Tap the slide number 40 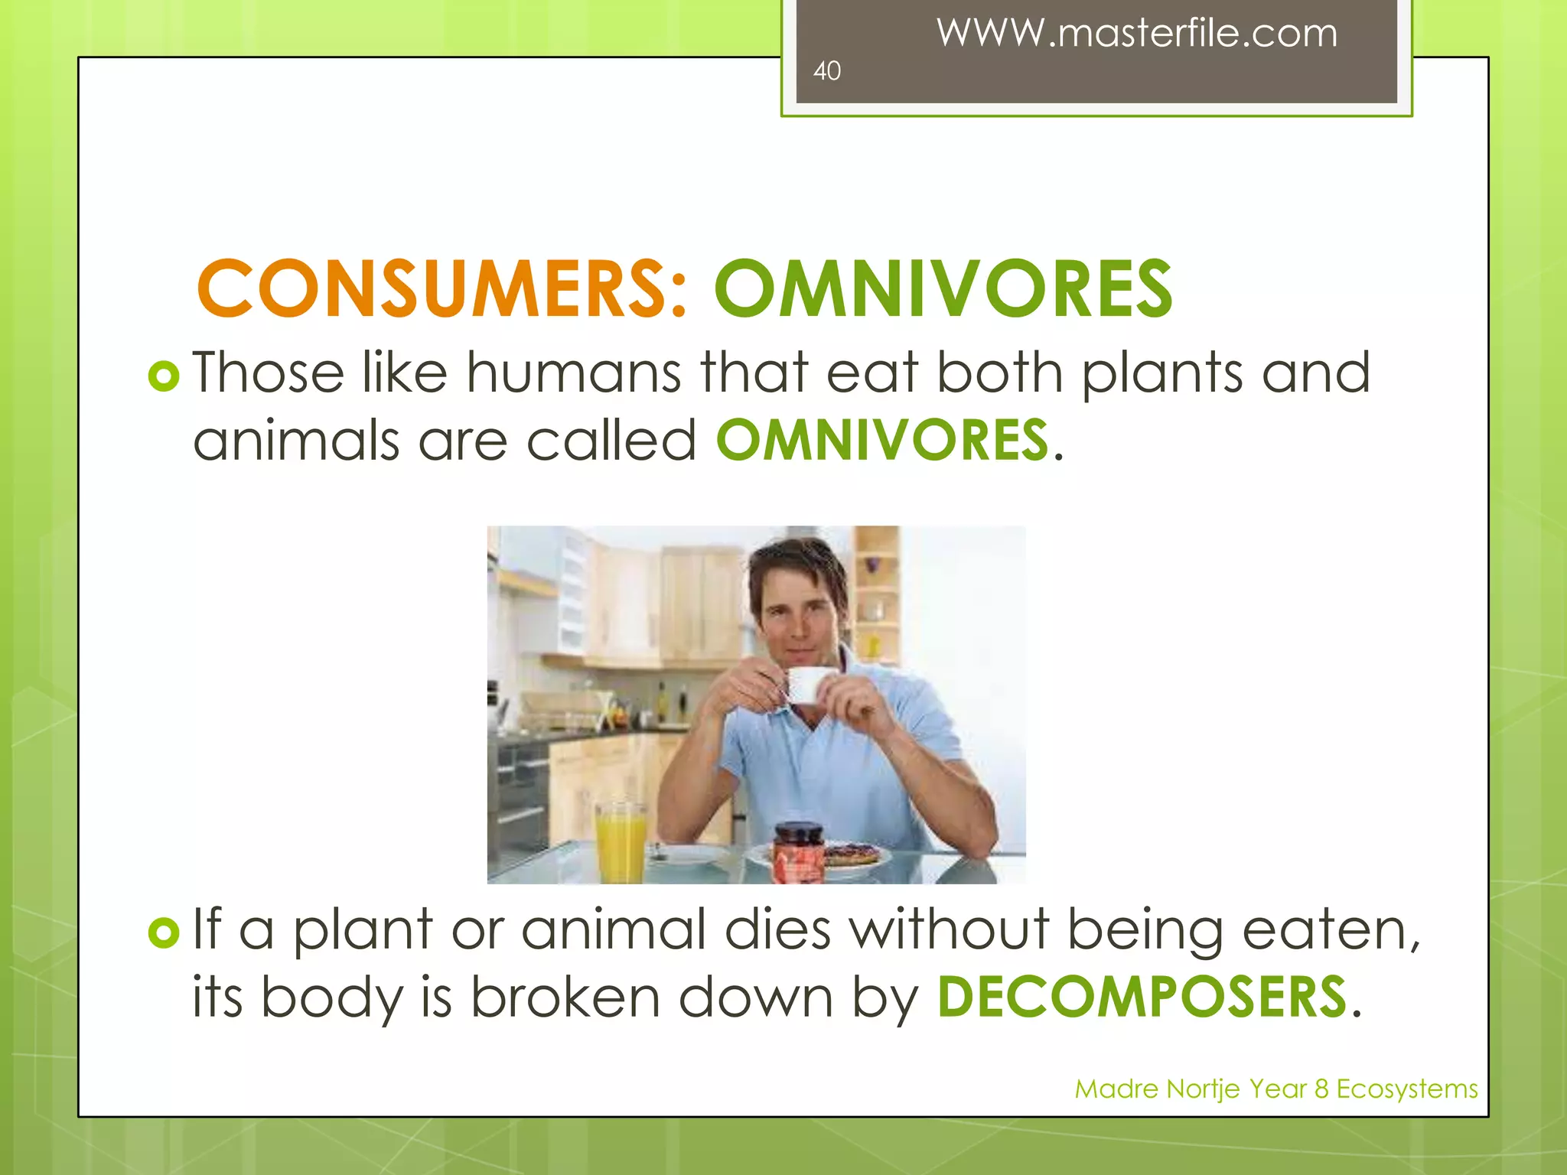[x=826, y=71]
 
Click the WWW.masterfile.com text [x=1137, y=34]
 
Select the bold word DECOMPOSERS [x=1142, y=998]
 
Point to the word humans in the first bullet [x=574, y=373]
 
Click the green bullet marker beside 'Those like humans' [x=164, y=376]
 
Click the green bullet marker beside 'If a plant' [x=164, y=932]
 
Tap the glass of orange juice [x=621, y=841]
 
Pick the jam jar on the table [x=799, y=851]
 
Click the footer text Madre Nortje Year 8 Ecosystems [x=1275, y=1089]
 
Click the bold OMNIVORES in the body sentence [x=881, y=441]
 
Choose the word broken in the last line [x=565, y=998]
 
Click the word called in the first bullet [x=611, y=441]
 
